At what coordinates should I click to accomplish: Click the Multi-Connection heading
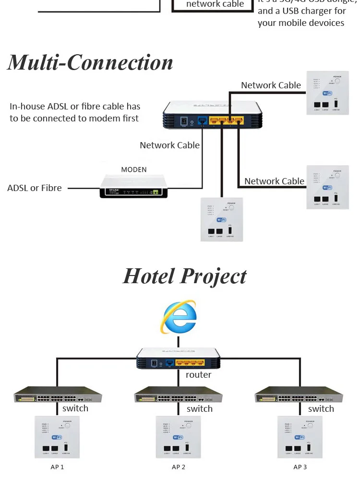90,63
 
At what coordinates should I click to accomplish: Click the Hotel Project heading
185,276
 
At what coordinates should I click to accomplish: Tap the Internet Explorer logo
179,317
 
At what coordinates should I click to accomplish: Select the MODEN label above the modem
134,169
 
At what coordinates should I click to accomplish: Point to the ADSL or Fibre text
35,188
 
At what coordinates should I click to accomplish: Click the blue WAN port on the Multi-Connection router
203,121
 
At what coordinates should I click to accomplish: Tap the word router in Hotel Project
198,375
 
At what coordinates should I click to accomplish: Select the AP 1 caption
57,467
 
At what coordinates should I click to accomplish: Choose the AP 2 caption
179,467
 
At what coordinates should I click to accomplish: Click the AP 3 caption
300,467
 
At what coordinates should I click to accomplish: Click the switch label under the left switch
75,408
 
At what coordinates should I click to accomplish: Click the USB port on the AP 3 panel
309,448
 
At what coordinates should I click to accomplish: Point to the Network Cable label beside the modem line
169,145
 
